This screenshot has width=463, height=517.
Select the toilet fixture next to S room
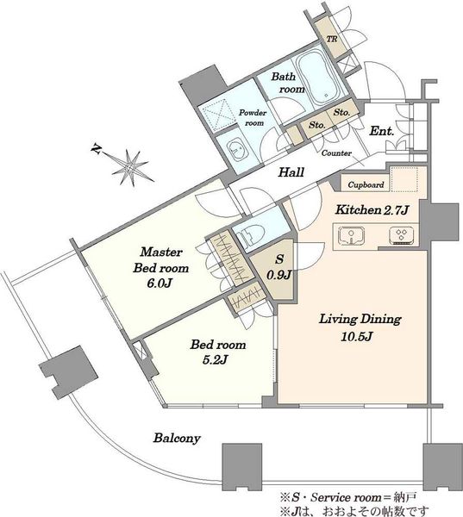pyautogui.click(x=249, y=234)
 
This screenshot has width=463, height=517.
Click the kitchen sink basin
pyautogui.click(x=352, y=236)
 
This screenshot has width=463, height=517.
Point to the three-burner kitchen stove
pyautogui.click(x=402, y=235)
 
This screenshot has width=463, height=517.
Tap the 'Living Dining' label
pyautogui.click(x=360, y=320)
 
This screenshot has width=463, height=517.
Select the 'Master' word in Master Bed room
pyautogui.click(x=161, y=252)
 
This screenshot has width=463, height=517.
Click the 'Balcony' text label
pyautogui.click(x=177, y=439)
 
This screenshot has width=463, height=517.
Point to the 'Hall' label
pyautogui.click(x=291, y=172)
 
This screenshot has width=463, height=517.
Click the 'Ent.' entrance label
pyautogui.click(x=381, y=131)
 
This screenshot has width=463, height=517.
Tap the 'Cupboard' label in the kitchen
pyautogui.click(x=366, y=184)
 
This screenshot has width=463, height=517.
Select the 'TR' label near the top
pyautogui.click(x=332, y=39)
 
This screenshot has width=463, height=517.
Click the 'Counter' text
pyautogui.click(x=336, y=153)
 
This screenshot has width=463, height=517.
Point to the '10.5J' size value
pyautogui.click(x=357, y=337)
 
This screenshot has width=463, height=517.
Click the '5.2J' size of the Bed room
pyautogui.click(x=215, y=360)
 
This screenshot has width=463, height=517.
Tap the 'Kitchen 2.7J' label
pyautogui.click(x=372, y=209)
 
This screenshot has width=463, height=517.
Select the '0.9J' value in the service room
pyautogui.click(x=279, y=274)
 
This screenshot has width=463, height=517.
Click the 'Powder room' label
pyautogui.click(x=253, y=118)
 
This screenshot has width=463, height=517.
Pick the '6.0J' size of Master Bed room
pyautogui.click(x=160, y=283)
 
